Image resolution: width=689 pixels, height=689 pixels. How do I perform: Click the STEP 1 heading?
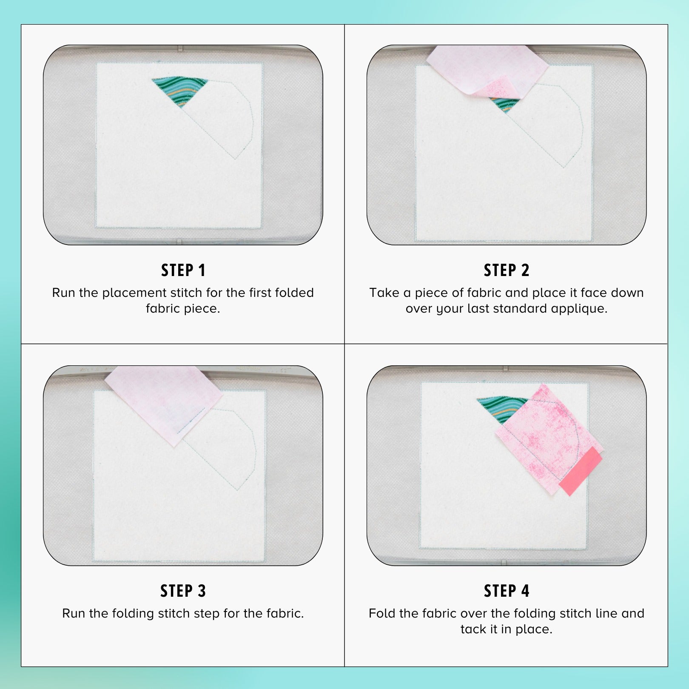click(183, 270)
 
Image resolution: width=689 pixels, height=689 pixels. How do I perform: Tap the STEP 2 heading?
click(507, 270)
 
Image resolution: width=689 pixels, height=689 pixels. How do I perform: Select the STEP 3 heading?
click(183, 591)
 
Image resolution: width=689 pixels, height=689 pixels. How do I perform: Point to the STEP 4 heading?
click(507, 591)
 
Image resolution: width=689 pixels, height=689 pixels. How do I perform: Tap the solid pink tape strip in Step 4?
click(581, 471)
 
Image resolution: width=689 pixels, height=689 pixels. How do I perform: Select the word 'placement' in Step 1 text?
click(134, 293)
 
